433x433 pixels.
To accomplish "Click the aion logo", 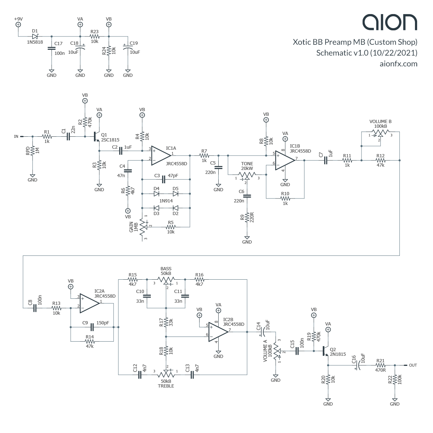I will coord(390,22).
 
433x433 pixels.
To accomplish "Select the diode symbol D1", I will coord(35,36).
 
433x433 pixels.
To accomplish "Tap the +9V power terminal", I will coord(18,25).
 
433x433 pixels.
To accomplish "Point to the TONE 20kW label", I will coord(247,166).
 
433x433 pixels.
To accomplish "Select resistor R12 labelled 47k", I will coord(380,160).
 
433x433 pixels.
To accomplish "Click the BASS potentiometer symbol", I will coord(166,279).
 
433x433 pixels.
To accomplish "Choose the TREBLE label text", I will coord(166,386).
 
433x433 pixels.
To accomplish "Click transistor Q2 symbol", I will coord(326,351).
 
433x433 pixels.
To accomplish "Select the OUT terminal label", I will coord(413,365).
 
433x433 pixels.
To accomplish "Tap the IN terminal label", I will coord(16,136).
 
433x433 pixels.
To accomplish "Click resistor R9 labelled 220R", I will coord(247,218).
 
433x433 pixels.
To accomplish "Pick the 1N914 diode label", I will coord(166,201).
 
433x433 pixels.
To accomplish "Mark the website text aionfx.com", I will coord(398,64).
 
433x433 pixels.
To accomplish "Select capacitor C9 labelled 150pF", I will coord(92,327).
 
